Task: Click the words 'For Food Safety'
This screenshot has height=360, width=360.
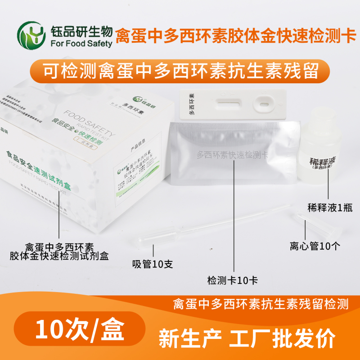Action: tap(81, 44)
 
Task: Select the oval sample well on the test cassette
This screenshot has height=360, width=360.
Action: tap(262, 106)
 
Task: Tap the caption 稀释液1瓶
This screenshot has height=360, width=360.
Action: tap(328, 207)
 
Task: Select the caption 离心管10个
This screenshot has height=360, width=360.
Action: tap(315, 246)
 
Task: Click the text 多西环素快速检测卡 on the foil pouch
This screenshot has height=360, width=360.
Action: tap(232, 155)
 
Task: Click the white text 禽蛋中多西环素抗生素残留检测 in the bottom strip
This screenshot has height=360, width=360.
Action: tap(261, 305)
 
